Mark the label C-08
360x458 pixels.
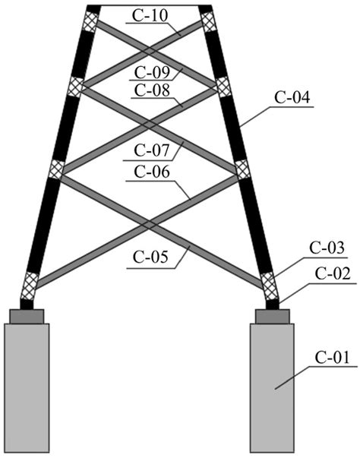(150, 90)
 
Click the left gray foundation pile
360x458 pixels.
(27, 387)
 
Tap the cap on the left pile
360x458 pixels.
(27, 316)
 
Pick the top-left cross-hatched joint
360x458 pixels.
(90, 23)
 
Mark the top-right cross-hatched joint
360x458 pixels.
(208, 23)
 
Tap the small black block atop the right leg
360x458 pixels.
(205, 8)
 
